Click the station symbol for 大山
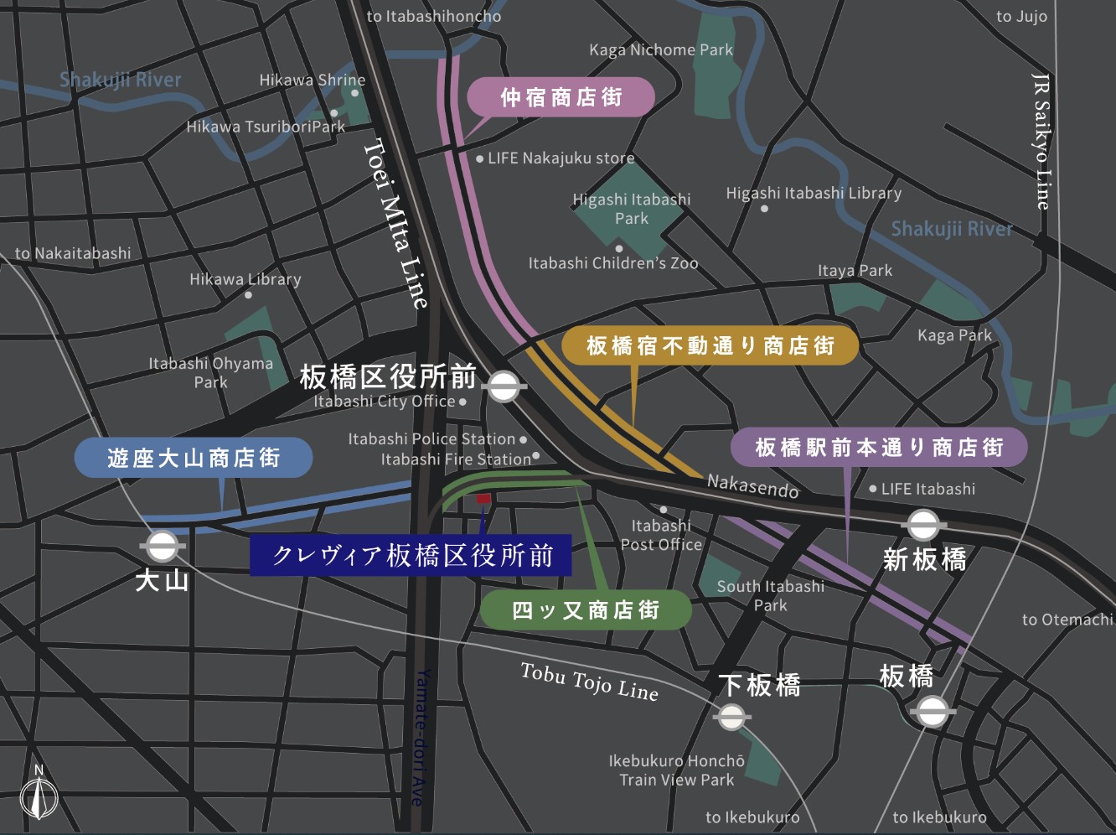tap(162, 547)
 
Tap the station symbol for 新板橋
tap(923, 526)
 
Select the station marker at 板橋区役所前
tap(503, 386)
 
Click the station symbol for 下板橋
tap(731, 717)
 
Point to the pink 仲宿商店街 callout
tap(560, 97)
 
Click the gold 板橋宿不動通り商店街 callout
tap(710, 345)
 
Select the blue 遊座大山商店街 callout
tap(194, 458)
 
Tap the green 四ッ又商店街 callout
tap(586, 609)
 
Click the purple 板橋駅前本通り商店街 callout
tap(879, 448)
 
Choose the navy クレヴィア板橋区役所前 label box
tap(411, 555)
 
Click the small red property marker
tap(483, 499)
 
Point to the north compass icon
tap(39, 792)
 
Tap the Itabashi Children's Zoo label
tap(612, 263)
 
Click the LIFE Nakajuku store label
tap(561, 158)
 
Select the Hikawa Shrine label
tap(312, 80)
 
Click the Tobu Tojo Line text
tap(589, 681)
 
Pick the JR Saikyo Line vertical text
tap(1041, 141)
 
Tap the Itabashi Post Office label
tap(661, 535)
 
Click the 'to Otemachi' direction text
tap(1067, 620)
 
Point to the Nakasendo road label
tap(752, 485)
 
